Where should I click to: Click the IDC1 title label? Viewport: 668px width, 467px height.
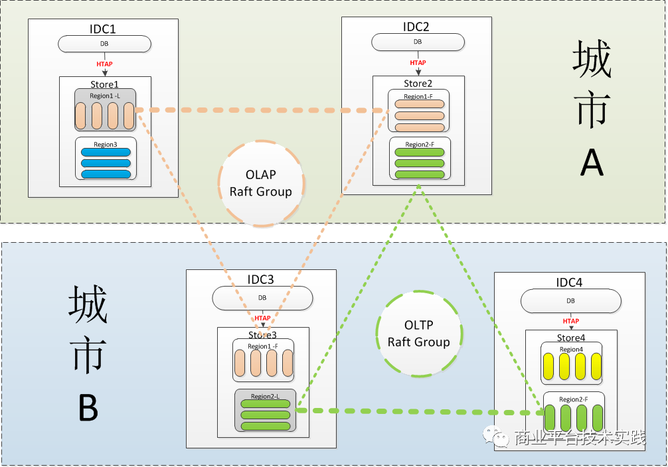[103, 29]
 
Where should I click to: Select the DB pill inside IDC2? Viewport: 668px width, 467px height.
[418, 42]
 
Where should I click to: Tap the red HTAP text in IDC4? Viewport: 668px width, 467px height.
[570, 322]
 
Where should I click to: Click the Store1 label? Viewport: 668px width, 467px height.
[104, 84]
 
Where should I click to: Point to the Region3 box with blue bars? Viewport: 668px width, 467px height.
[106, 159]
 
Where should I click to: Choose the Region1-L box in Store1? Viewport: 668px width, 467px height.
[106, 110]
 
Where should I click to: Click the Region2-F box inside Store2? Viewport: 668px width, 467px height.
[420, 159]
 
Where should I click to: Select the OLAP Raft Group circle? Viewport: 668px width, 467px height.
[261, 183]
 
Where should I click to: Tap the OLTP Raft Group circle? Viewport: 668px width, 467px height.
[418, 334]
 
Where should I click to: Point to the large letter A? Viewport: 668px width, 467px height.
[592, 160]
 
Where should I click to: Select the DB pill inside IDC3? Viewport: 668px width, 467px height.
[262, 298]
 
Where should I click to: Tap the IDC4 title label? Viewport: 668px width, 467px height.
[569, 283]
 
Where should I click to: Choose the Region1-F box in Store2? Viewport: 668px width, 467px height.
[419, 111]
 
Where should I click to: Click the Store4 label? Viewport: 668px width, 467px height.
[570, 339]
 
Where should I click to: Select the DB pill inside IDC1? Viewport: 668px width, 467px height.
[104, 44]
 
